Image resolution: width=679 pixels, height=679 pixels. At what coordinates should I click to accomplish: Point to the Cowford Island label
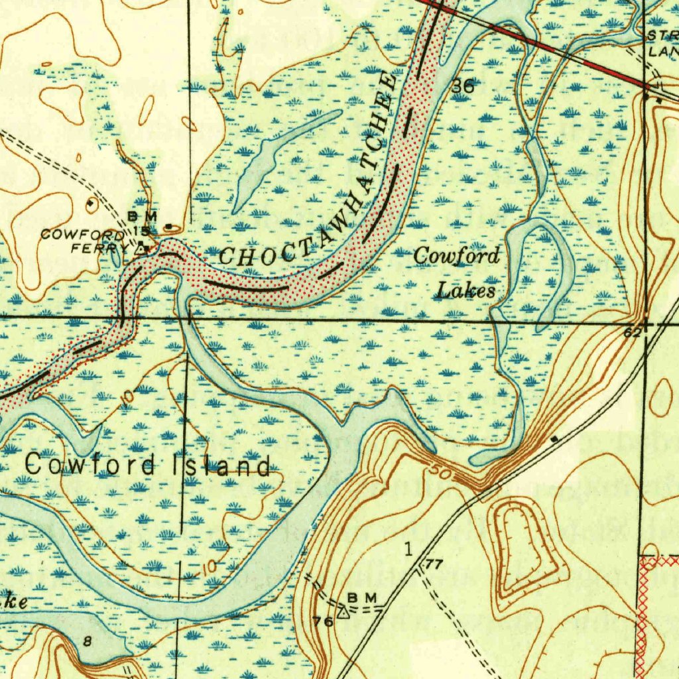(147, 465)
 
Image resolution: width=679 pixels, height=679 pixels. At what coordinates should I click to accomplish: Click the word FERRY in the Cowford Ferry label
(101, 248)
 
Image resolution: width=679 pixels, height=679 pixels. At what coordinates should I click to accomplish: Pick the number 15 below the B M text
(141, 231)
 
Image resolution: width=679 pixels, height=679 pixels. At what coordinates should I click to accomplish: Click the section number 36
(463, 85)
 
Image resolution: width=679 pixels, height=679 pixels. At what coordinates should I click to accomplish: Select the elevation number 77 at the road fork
(434, 565)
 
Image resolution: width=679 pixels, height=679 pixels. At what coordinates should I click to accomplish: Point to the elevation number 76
(323, 621)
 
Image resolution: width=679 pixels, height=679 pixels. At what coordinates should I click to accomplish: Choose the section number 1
(408, 549)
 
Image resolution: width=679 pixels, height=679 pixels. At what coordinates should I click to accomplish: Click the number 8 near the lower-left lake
(88, 641)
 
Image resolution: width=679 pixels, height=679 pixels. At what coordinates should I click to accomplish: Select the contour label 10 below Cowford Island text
(209, 567)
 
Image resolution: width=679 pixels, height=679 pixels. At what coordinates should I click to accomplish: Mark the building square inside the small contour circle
(90, 203)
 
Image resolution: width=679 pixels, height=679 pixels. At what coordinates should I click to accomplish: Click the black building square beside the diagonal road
(554, 439)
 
